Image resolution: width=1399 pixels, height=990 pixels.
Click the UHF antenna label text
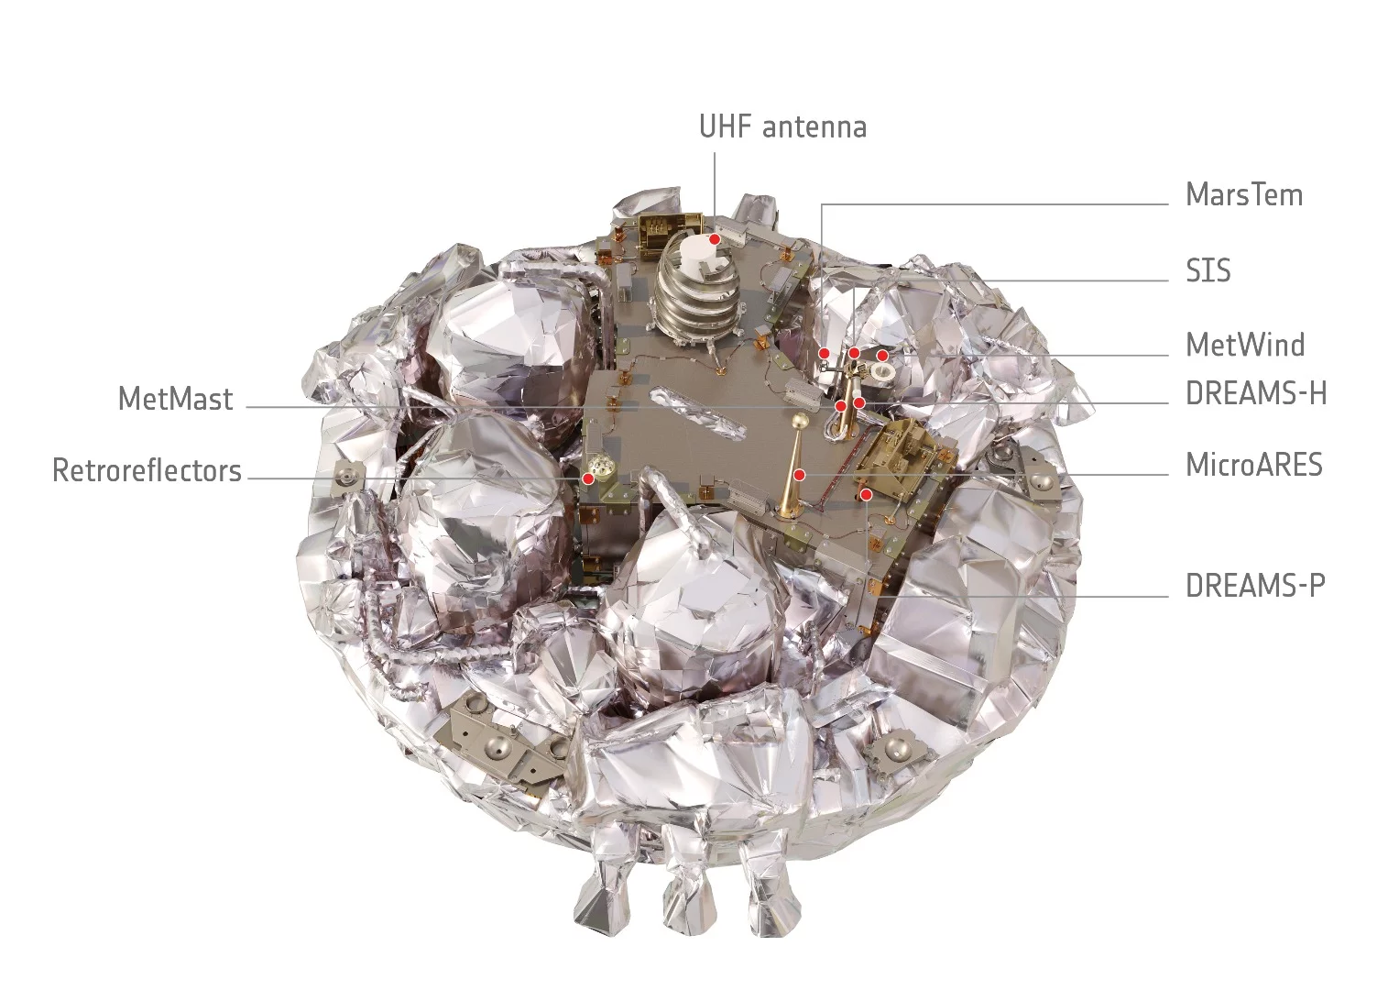[782, 126]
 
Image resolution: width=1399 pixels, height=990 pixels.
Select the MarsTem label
[1243, 195]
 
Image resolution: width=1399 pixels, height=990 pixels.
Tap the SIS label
[1208, 271]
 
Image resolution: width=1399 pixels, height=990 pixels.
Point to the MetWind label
[1244, 346]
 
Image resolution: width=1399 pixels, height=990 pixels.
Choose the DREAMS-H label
[1255, 394]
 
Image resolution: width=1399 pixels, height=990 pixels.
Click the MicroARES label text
[1253, 466]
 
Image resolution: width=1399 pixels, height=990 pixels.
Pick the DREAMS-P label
[1254, 586]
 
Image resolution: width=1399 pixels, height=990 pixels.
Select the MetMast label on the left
[176, 400]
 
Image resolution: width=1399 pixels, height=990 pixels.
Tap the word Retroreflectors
[147, 471]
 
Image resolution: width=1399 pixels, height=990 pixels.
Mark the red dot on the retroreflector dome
[588, 478]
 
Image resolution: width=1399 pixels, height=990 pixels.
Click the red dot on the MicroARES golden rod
[800, 475]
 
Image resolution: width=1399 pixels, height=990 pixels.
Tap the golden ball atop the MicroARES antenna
[799, 421]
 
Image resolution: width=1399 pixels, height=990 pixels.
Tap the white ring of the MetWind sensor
[885, 371]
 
